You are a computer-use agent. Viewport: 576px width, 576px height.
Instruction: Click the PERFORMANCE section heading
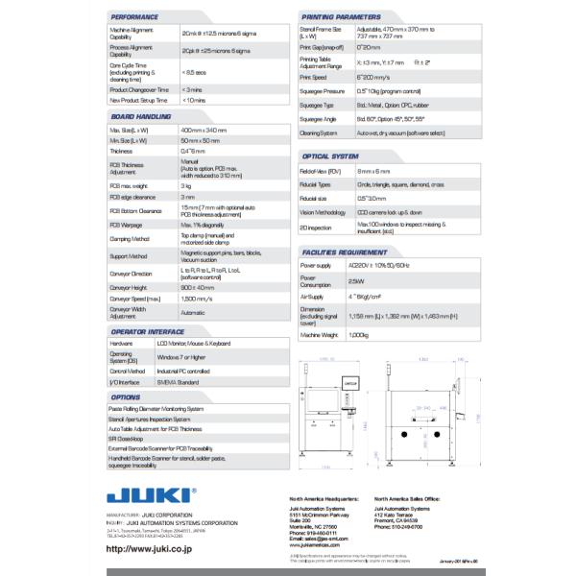pos(135,17)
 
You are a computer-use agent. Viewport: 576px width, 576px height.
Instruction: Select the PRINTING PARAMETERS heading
pos(341,17)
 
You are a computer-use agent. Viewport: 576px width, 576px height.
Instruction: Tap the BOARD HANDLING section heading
pos(142,116)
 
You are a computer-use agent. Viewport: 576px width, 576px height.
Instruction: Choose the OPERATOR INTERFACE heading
pos(149,331)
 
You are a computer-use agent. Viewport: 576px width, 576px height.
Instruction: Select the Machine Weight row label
pos(321,334)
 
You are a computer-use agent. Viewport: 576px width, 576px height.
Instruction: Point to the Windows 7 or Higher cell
pos(181,355)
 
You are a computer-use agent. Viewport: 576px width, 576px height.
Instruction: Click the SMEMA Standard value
pos(180,381)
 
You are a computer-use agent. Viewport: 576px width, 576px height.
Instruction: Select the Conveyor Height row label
pos(129,287)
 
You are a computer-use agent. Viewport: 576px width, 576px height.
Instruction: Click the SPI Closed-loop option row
pos(133,438)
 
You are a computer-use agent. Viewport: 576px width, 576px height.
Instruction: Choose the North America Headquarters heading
pos(324,499)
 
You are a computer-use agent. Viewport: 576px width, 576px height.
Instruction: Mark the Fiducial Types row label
pos(316,183)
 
